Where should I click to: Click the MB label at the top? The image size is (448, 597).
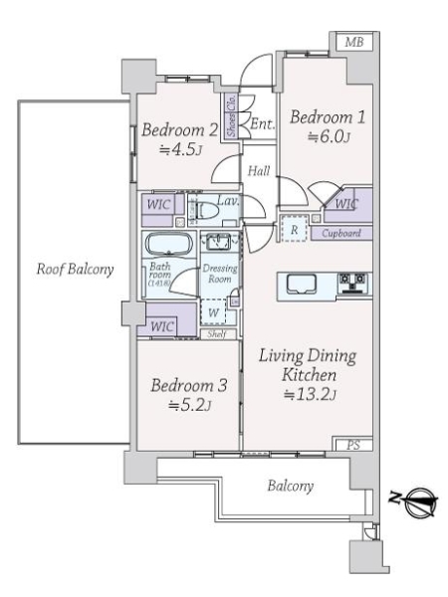tap(352, 43)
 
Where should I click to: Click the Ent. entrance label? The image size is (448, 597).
tap(262, 124)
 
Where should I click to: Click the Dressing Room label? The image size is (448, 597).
tap(218, 275)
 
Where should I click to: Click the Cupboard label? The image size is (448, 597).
tap(340, 234)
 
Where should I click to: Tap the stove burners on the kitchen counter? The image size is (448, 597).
tap(351, 283)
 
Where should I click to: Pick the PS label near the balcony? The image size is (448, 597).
tap(352, 446)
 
